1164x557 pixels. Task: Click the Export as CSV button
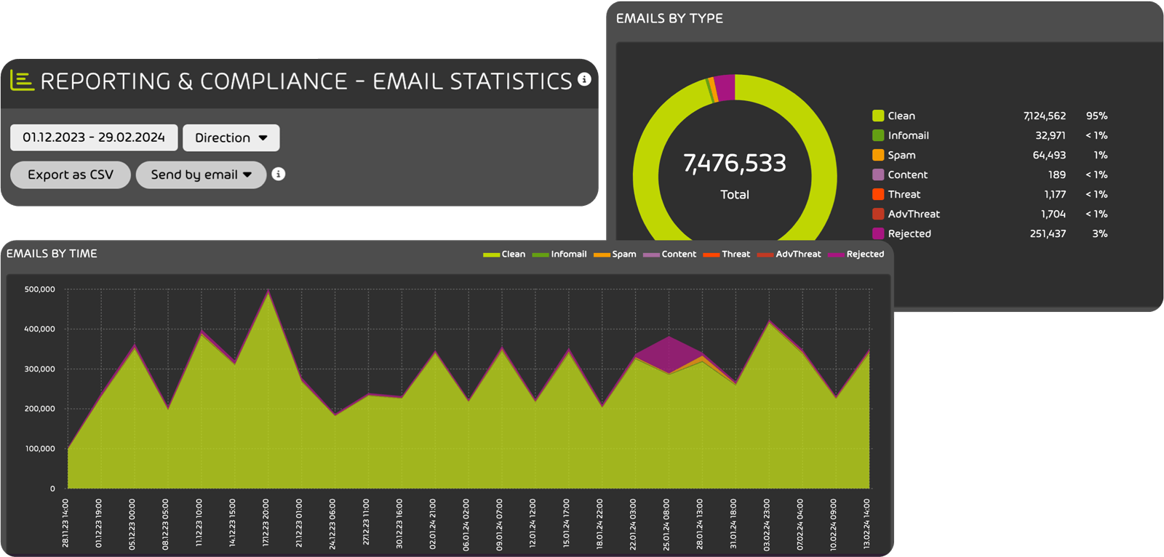point(71,175)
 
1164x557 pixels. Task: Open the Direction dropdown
point(231,137)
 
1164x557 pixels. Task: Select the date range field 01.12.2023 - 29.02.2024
point(94,137)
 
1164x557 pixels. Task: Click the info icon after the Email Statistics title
point(584,79)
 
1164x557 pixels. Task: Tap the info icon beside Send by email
point(278,174)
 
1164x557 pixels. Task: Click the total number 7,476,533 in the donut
point(734,164)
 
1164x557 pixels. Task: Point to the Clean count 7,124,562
point(1044,116)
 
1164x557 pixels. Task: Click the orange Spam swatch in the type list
point(878,155)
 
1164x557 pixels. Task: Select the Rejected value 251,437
point(1048,233)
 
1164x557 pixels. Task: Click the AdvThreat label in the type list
point(914,214)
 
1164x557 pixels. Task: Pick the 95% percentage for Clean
point(1096,116)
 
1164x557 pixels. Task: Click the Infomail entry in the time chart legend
point(568,254)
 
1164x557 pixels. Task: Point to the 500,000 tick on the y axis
point(39,289)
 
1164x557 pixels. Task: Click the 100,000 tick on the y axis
point(39,449)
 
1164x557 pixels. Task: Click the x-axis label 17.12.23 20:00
point(266,523)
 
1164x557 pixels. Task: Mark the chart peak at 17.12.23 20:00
point(268,292)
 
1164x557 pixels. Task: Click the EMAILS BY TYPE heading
point(669,18)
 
